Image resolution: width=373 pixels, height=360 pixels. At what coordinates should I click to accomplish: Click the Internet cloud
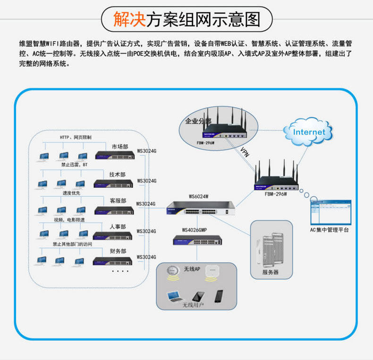click(309, 132)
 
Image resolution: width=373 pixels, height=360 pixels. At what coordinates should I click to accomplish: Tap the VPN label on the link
click(245, 152)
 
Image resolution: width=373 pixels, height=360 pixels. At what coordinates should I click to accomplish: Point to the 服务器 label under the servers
click(271, 272)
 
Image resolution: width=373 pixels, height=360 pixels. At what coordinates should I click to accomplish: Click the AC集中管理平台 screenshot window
click(330, 213)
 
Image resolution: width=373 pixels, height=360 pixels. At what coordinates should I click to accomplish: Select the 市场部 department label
click(120, 147)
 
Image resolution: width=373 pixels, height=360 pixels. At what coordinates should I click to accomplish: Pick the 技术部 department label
click(118, 175)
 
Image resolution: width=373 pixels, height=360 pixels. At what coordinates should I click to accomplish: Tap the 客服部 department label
click(118, 201)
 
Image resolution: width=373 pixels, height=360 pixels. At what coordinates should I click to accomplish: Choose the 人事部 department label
click(118, 226)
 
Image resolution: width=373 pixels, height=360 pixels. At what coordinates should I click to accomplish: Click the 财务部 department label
click(118, 252)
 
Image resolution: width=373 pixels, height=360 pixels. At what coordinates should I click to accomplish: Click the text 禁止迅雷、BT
click(74, 165)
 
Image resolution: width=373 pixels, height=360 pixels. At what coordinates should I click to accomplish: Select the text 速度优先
click(71, 193)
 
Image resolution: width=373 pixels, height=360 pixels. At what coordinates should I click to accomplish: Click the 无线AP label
click(192, 269)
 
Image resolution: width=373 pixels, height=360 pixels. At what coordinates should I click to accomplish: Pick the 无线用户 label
click(193, 305)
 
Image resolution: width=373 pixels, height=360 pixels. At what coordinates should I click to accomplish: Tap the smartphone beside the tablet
click(219, 296)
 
